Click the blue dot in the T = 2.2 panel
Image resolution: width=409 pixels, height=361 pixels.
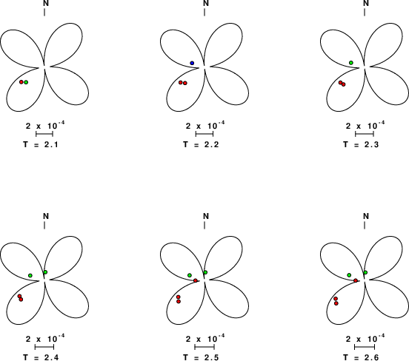tap(192, 63)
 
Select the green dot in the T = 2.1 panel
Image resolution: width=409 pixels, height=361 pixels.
tap(26, 82)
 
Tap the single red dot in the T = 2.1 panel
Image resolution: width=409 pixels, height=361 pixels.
tap(21, 82)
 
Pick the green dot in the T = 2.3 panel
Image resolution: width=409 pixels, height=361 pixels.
tap(351, 63)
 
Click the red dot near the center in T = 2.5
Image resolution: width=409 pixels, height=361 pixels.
tap(196, 280)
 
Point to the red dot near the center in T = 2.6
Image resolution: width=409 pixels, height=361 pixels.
tap(356, 280)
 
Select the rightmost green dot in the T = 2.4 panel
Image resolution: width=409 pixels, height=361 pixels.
tap(45, 272)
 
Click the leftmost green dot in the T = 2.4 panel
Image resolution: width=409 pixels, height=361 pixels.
tap(30, 276)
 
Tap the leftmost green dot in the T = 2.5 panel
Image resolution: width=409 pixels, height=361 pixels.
tap(190, 275)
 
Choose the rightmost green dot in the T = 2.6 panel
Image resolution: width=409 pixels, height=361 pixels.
tap(365, 272)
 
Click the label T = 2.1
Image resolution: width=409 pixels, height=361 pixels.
tap(41, 144)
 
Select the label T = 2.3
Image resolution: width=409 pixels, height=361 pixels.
tap(361, 144)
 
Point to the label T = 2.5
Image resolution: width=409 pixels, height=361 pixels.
tap(201, 357)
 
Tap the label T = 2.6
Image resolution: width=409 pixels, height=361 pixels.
tap(361, 357)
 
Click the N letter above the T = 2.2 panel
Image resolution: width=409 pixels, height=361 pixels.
tap(206, 3)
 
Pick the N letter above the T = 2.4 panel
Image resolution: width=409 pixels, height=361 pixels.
tap(46, 216)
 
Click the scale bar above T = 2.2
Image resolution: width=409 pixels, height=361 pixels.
tap(204, 134)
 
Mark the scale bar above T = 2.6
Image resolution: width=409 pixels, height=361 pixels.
tap(365, 347)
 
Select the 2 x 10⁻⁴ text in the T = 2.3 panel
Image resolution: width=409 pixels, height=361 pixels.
tap(365, 125)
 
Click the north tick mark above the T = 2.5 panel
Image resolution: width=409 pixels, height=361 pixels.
tap(204, 226)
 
